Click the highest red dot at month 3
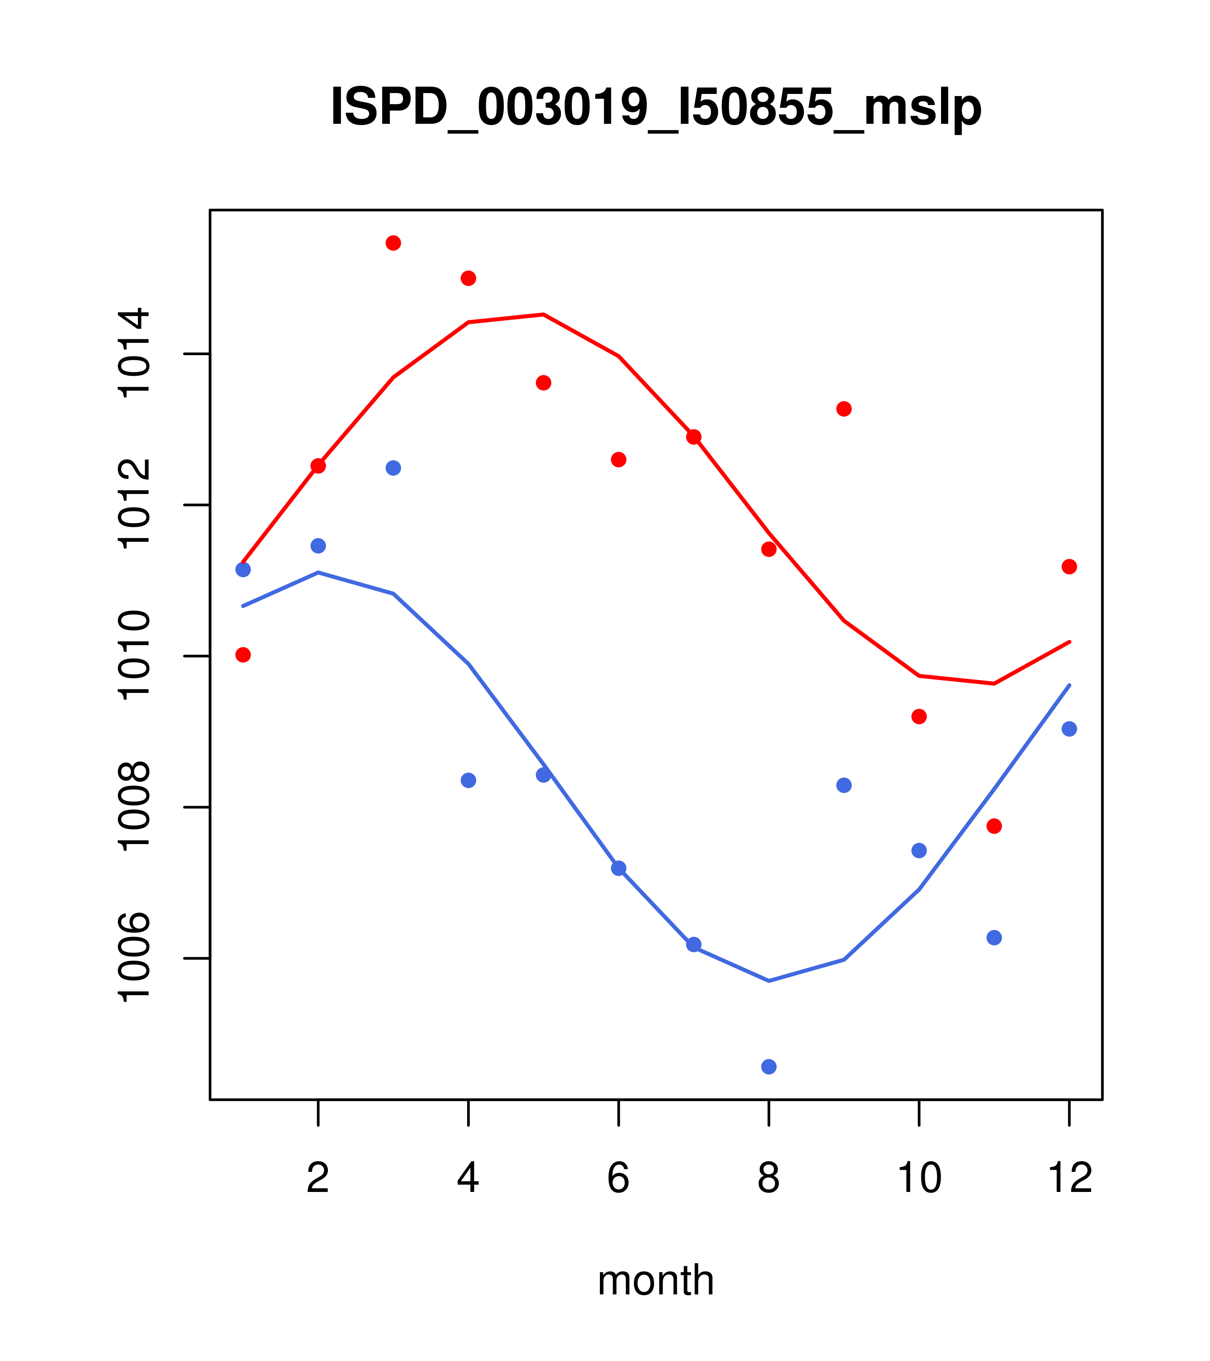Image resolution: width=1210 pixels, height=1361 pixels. pos(394,243)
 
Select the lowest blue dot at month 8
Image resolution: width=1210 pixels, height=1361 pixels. pos(769,1067)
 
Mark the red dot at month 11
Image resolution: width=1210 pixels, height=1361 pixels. pos(994,827)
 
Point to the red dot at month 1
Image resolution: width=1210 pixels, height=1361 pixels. pos(243,655)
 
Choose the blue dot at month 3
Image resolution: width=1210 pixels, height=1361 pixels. pos(394,468)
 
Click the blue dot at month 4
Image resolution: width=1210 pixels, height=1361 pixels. pos(469,780)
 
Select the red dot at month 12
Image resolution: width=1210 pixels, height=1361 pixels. pos(1070,567)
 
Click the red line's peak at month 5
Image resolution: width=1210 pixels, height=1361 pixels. pos(544,314)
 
